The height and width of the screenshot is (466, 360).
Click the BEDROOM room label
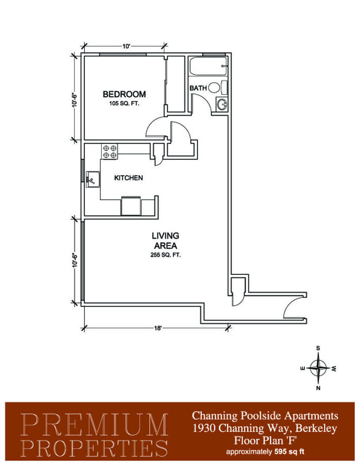124,94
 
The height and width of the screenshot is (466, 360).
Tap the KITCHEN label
128,178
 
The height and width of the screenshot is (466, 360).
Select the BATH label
198,88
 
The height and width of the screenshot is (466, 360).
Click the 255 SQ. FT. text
166,255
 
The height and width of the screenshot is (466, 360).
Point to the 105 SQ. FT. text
124,104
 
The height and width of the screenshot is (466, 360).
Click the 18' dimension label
158,328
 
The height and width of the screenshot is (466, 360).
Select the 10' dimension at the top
126,46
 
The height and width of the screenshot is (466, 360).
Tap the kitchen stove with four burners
110,151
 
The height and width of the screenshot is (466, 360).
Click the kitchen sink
92,179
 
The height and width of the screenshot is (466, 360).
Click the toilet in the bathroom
217,87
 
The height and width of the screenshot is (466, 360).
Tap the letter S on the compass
318,348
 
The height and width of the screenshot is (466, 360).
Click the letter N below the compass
318,388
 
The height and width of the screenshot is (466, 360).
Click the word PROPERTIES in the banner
94,448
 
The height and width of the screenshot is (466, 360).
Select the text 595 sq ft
289,452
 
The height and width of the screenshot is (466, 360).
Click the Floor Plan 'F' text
265,440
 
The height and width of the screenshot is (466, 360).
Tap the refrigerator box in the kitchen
131,206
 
